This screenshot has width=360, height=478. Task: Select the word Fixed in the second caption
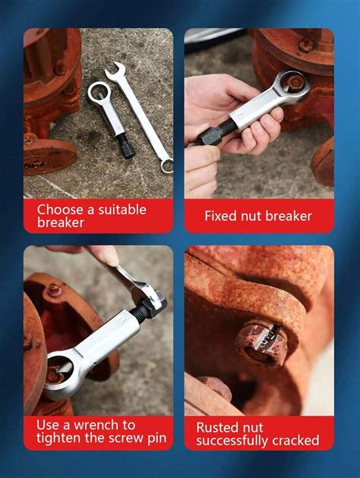[x=221, y=216]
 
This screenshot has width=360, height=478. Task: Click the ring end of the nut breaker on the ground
[x=98, y=93]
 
